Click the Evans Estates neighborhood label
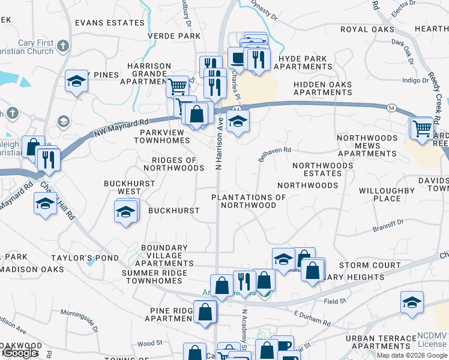(110, 23)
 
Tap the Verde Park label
(174, 36)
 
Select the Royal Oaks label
(367, 29)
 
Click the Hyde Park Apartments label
(302, 63)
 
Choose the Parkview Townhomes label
(162, 136)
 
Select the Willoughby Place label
(387, 194)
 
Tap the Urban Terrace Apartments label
(381, 343)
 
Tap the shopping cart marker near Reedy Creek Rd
(422, 128)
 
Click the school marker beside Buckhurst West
(125, 212)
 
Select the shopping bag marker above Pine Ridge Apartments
(205, 312)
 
